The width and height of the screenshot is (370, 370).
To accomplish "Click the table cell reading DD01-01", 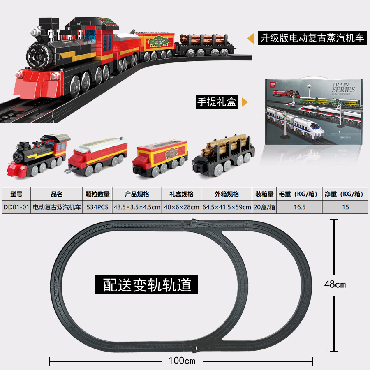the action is [x=16, y=207].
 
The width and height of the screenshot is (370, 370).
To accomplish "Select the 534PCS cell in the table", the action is [x=98, y=207].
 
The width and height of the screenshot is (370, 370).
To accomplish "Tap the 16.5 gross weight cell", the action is [x=299, y=207].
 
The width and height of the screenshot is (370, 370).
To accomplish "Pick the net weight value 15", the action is [x=345, y=207].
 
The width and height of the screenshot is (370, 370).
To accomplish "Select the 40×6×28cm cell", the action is [x=181, y=207].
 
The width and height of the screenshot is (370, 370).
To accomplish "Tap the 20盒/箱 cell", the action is [x=264, y=207].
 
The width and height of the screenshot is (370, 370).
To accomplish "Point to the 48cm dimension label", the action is [x=335, y=284].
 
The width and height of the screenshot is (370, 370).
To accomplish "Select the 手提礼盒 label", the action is [x=217, y=102].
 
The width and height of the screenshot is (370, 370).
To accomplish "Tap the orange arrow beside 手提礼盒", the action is [x=245, y=102].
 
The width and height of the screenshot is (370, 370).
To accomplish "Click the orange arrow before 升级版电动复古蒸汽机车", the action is [x=250, y=39].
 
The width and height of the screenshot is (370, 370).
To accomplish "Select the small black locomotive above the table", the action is [x=36, y=154].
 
